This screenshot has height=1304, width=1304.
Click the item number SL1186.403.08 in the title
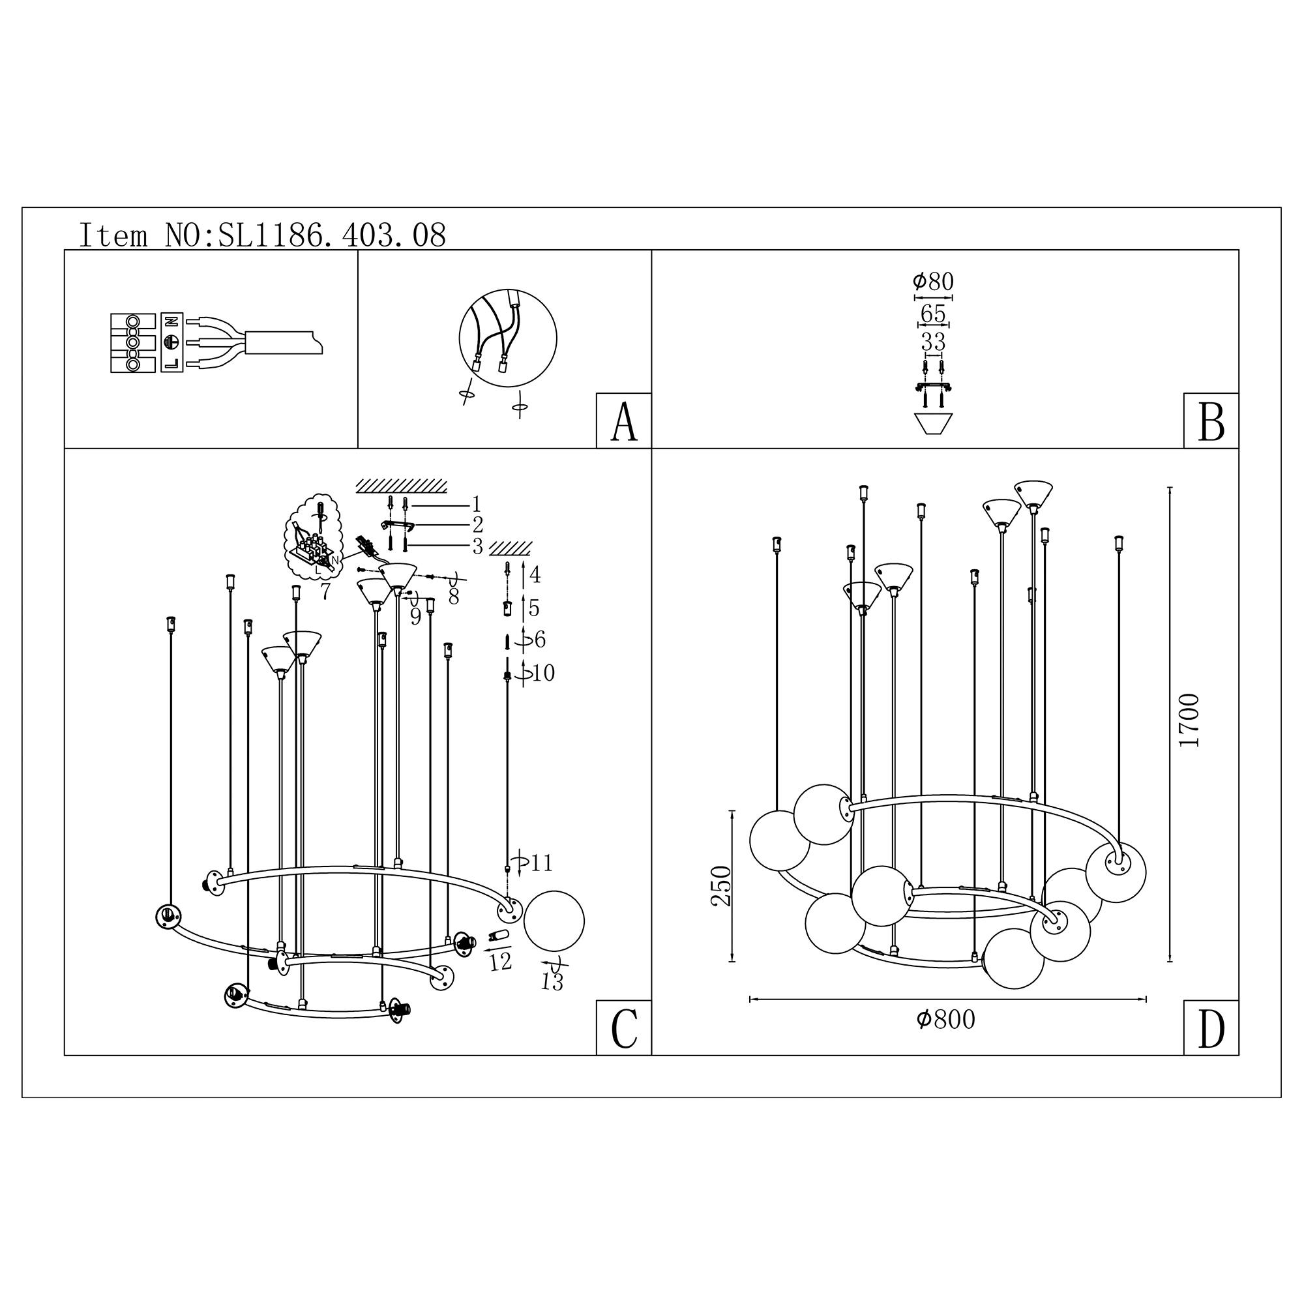point(332,235)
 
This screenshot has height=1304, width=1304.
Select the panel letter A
point(624,422)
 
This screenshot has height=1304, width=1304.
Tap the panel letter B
point(1211,422)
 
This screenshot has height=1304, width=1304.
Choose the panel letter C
point(624,1029)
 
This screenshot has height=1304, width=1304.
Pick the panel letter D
point(1211,1029)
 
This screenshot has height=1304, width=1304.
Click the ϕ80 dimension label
point(933,282)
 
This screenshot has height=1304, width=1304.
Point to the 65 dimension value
point(933,314)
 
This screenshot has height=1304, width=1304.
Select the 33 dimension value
point(933,342)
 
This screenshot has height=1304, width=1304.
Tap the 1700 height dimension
point(1189,720)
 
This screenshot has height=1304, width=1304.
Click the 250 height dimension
point(722,885)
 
